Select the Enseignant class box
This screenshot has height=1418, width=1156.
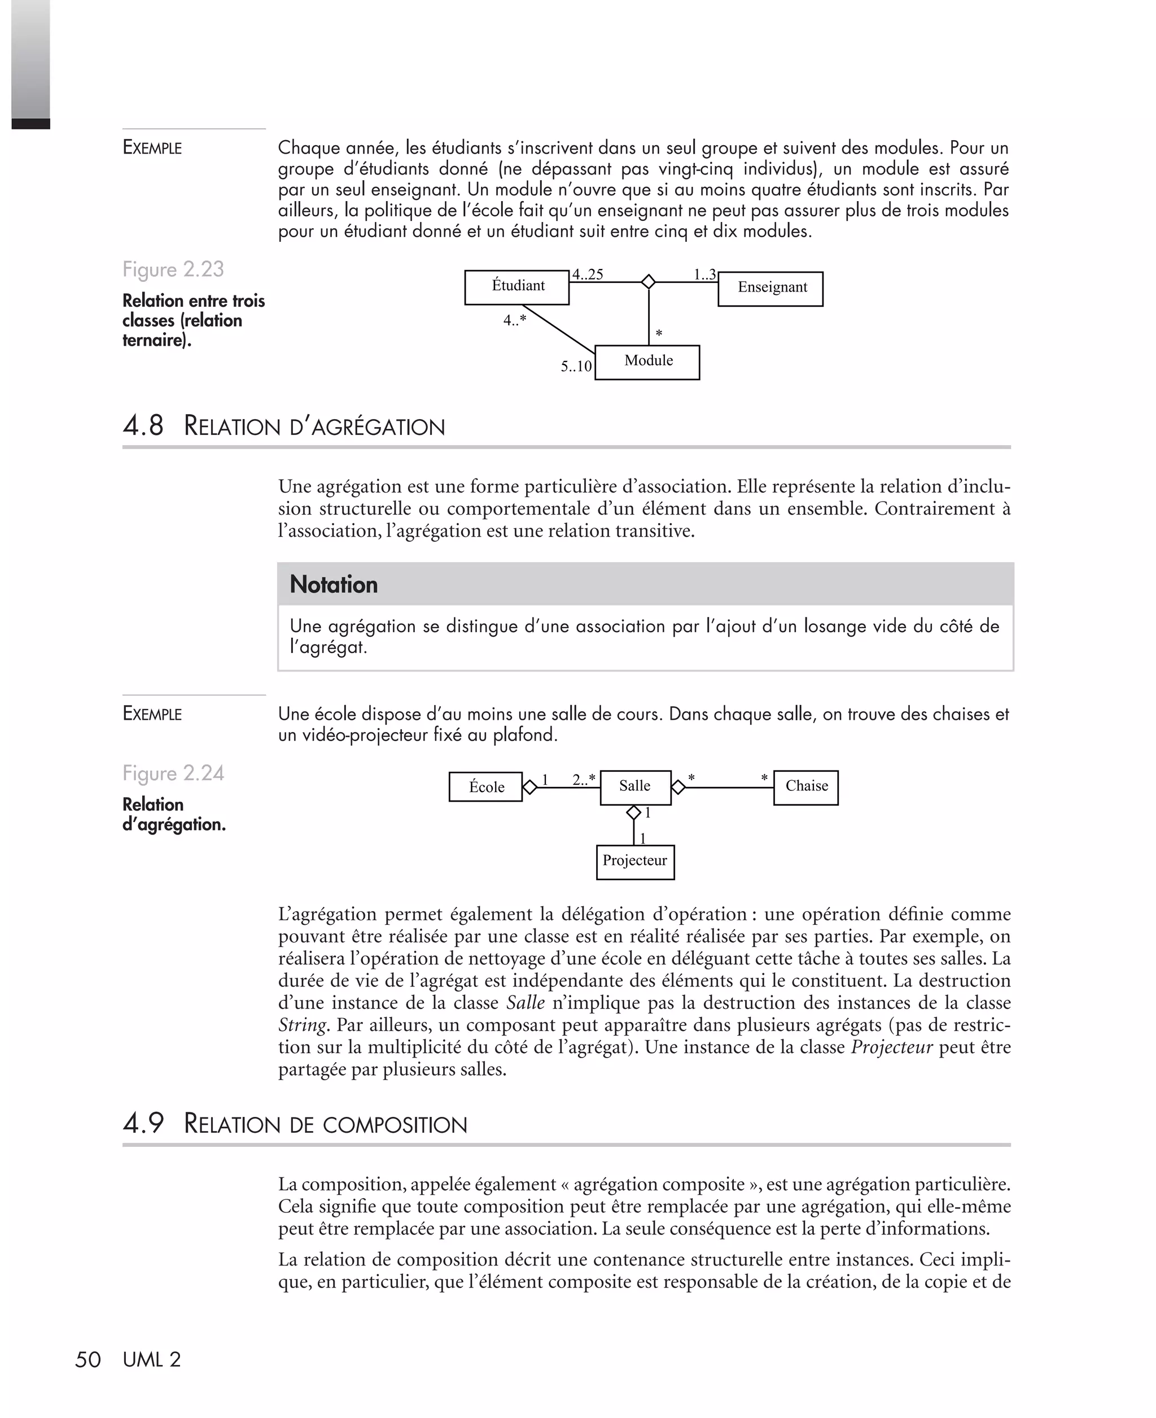tap(770, 289)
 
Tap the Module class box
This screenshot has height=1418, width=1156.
tap(647, 362)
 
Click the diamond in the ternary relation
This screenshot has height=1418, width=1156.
tap(648, 282)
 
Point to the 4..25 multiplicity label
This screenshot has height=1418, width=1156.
tap(588, 275)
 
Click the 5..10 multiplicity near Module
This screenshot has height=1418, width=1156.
tap(576, 367)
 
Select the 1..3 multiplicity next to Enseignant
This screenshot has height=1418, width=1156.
tap(704, 275)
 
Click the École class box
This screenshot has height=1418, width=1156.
tap(485, 787)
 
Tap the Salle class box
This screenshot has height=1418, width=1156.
tap(635, 787)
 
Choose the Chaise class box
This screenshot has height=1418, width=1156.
tap(805, 787)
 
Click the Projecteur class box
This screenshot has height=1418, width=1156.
tap(635, 862)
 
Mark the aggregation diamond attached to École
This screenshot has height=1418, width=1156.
tap(529, 788)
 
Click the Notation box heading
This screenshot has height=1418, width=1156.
tap(334, 584)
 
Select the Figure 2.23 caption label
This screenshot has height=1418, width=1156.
tap(173, 269)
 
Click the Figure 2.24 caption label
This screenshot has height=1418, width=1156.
tap(173, 773)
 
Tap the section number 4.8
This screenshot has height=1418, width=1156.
tap(143, 426)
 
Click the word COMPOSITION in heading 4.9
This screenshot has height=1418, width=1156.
tap(395, 1125)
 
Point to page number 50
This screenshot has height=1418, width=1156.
tap(88, 1359)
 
